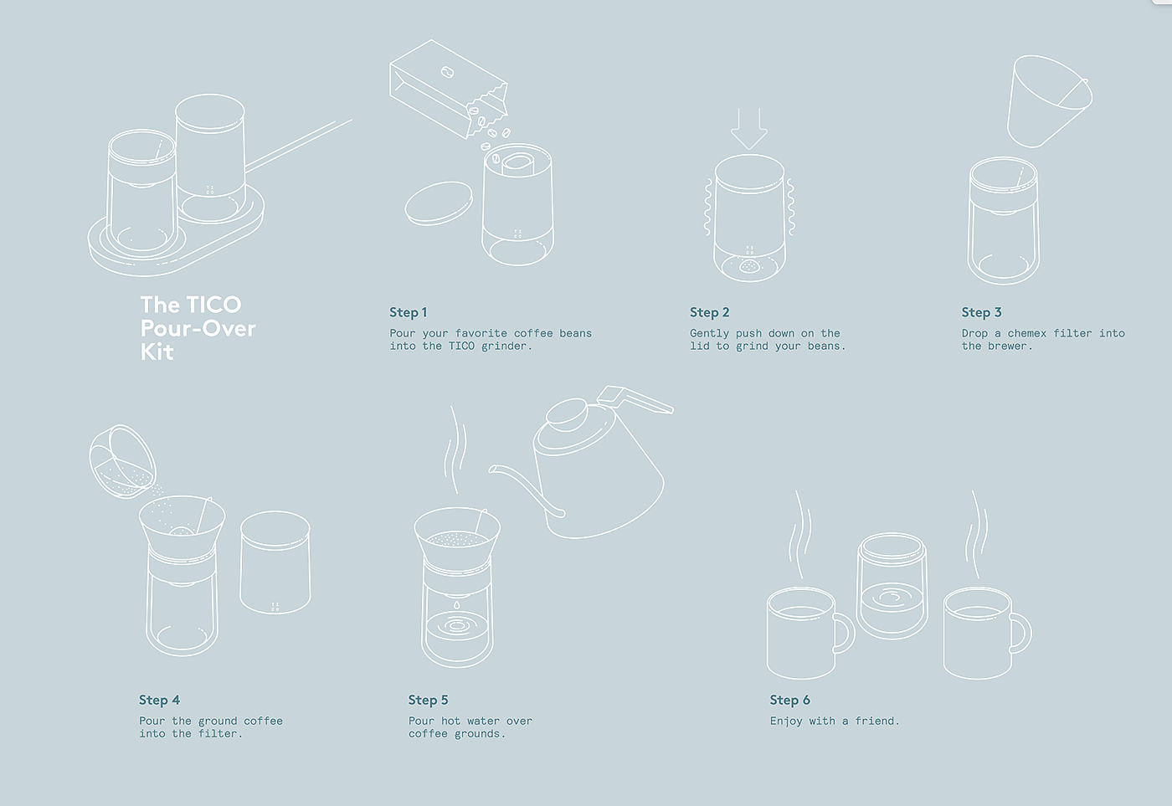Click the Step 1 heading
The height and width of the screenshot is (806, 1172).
tap(409, 312)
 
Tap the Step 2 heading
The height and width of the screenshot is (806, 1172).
tap(710, 312)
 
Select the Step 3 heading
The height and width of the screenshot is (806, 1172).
tap(981, 312)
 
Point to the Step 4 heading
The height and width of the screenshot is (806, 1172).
tap(159, 700)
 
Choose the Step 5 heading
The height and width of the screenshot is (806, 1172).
tap(429, 700)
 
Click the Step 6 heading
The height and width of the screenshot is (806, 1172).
tap(790, 700)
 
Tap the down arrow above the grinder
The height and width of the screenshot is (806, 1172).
tap(748, 129)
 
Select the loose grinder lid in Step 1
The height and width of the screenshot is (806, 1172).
tap(439, 204)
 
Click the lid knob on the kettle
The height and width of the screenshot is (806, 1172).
tap(567, 414)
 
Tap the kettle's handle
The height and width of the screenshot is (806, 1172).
tap(635, 399)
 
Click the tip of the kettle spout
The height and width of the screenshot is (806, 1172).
tap(492, 470)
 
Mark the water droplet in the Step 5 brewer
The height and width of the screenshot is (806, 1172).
tap(457, 605)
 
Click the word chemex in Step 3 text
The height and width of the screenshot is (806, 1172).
tap(1027, 333)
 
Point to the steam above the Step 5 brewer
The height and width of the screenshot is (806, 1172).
tap(455, 449)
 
